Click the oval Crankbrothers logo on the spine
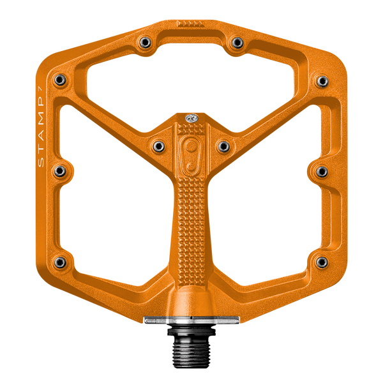[190, 154]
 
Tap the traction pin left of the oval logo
[156, 147]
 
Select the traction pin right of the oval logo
[223, 147]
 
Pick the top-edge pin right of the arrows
[237, 42]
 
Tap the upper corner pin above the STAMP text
[60, 80]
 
